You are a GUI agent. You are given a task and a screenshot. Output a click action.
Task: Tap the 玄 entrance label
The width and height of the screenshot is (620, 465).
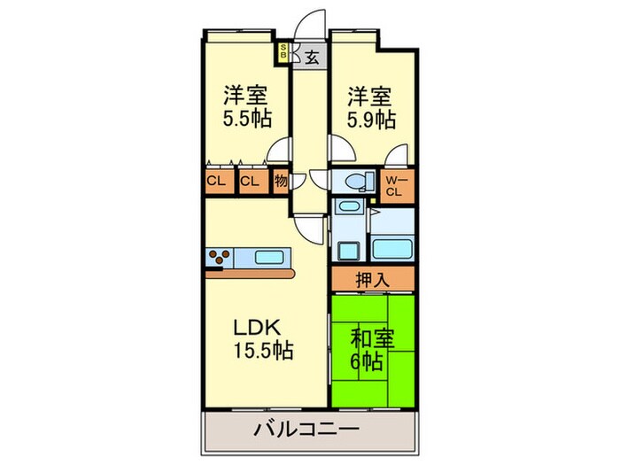point(312,58)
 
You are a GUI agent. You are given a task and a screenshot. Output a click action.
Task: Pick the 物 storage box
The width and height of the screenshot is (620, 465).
point(280,182)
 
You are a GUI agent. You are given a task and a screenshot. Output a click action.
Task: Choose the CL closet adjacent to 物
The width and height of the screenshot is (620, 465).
point(251,182)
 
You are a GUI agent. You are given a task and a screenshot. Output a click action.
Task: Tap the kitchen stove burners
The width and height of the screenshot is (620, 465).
point(220,258)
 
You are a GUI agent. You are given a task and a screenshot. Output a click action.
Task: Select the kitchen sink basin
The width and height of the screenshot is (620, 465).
point(269,258)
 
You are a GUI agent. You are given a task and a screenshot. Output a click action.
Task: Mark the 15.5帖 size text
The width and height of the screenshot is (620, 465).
point(262,350)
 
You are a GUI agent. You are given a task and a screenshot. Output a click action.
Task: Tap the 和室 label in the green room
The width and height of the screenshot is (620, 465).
point(372,337)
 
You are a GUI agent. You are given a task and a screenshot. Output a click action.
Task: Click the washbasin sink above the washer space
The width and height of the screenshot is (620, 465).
point(346,208)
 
